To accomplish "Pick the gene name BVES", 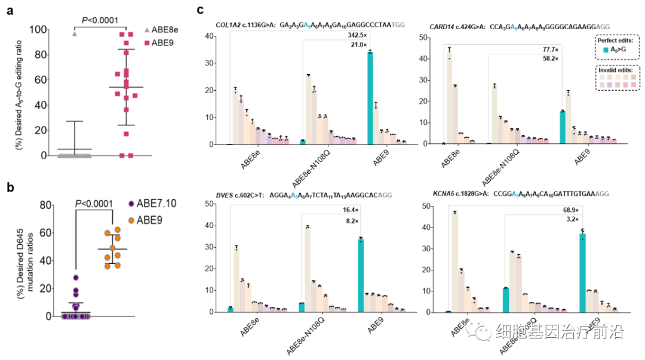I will pyautogui.click(x=226, y=194).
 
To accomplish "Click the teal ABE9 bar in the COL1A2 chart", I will pyautogui.click(x=370, y=98).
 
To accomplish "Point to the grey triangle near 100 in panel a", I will pyautogui.click(x=75, y=33).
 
